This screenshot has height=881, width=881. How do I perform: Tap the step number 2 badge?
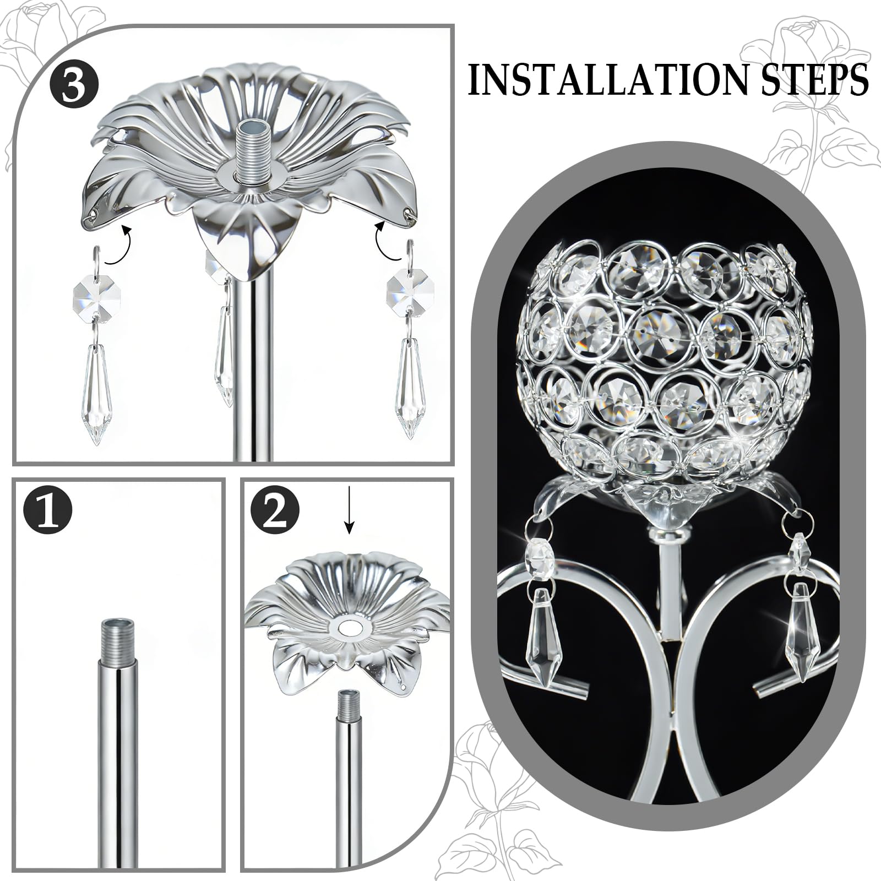(275, 511)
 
